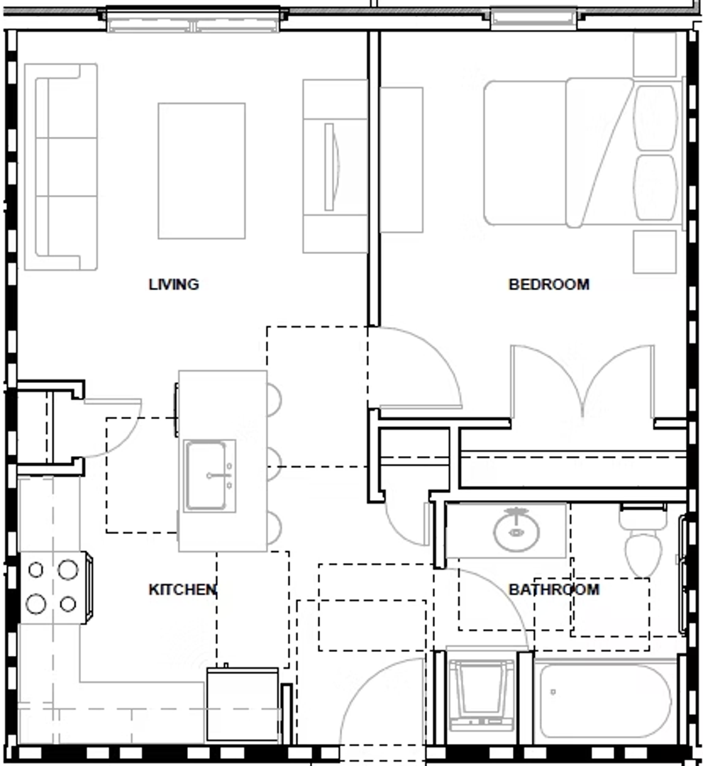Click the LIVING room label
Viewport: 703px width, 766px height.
(174, 284)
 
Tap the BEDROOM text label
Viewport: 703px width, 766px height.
(549, 284)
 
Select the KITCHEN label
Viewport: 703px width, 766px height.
(182, 589)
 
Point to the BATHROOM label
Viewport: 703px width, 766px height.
(554, 589)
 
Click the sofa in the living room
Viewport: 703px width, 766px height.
(61, 167)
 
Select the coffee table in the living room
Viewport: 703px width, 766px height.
(201, 171)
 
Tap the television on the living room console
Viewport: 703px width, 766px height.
(331, 167)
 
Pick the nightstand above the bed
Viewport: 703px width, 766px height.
(655, 54)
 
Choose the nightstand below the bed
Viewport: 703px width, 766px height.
(655, 252)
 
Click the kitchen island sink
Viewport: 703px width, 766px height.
(209, 475)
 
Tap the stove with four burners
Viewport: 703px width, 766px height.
(55, 588)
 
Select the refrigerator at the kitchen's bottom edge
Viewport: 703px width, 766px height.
(243, 704)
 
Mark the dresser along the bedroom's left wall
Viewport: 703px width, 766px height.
(402, 160)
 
